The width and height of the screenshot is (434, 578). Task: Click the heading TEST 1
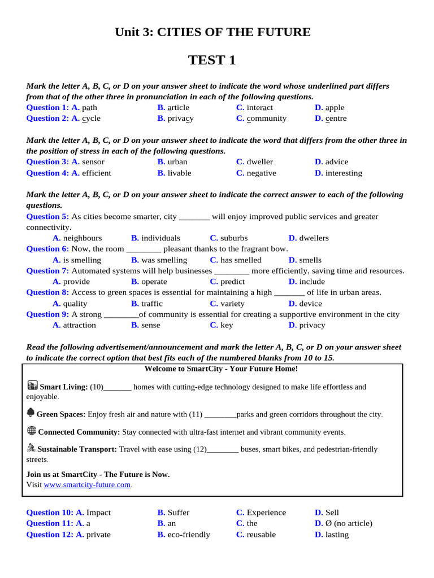pyautogui.click(x=212, y=60)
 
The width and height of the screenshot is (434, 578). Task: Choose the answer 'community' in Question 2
pyautogui.click(x=266, y=118)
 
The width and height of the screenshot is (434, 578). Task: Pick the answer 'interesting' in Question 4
pyautogui.click(x=344, y=173)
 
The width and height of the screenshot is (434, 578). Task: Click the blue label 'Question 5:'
pyautogui.click(x=47, y=216)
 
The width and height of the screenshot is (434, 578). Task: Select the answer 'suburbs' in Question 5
pyautogui.click(x=233, y=238)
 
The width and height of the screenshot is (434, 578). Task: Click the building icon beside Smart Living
pyautogui.click(x=32, y=385)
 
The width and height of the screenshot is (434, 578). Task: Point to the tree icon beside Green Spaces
pyautogui.click(x=31, y=413)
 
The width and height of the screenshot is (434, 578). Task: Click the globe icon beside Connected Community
pyautogui.click(x=32, y=430)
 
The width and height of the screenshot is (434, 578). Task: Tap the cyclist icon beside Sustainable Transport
pyautogui.click(x=31, y=448)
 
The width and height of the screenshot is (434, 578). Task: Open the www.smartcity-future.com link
pyautogui.click(x=87, y=484)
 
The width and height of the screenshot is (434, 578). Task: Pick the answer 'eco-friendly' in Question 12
pyautogui.click(x=188, y=534)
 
